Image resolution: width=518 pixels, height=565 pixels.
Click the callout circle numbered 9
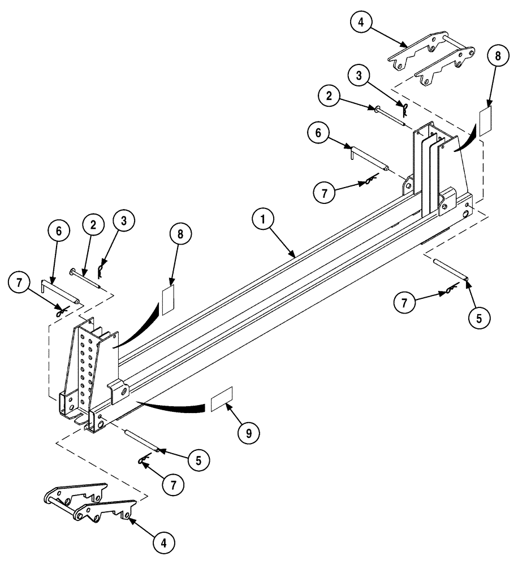(248, 434)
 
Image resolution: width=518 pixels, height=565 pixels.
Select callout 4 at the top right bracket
(360, 23)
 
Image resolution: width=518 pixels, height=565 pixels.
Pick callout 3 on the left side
(124, 221)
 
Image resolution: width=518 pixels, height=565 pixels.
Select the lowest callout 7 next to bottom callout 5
(174, 484)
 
